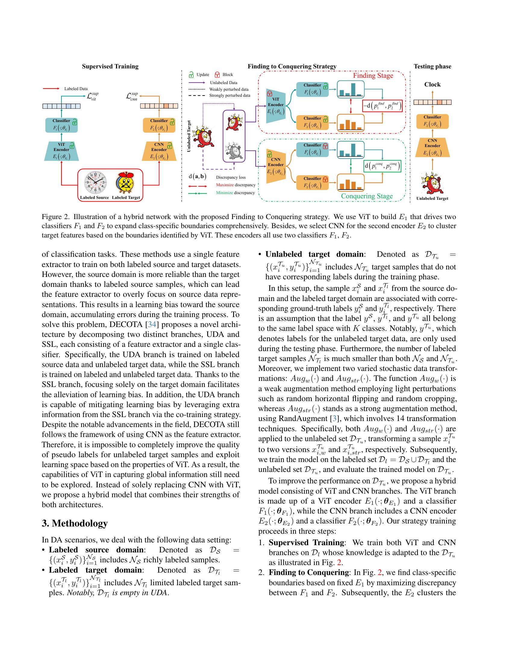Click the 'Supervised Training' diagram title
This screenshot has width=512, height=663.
(110, 67)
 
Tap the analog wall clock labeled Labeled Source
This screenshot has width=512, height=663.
(95, 183)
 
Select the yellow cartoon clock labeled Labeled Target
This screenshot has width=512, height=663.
(125, 183)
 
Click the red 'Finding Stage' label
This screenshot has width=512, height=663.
(373, 76)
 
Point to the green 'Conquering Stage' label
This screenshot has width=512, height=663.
(367, 196)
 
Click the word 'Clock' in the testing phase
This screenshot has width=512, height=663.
(432, 84)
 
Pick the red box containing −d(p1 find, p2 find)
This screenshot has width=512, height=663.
(382, 106)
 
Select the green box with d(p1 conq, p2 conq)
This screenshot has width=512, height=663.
(382, 166)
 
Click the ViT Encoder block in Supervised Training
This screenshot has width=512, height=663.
(61, 151)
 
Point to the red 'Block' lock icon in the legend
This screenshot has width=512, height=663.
(217, 75)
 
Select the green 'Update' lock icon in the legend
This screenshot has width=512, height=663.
(191, 75)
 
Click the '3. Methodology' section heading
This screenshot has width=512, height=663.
(75, 523)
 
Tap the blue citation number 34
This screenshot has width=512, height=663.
(152, 325)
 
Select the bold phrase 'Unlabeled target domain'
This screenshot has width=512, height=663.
(314, 254)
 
